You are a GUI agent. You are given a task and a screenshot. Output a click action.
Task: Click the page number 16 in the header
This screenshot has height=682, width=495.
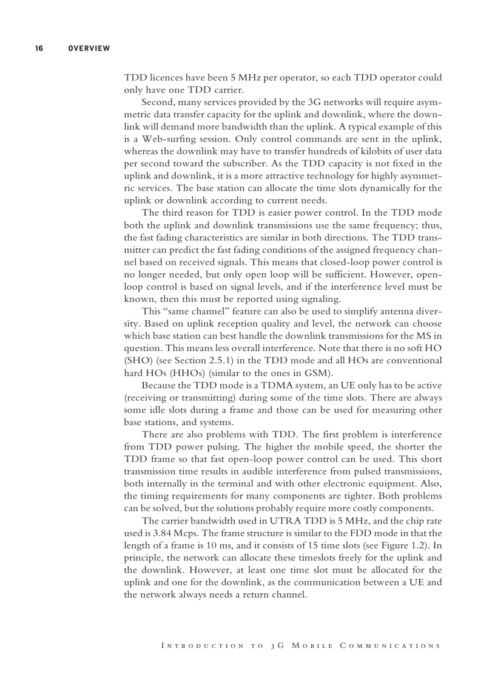pyautogui.click(x=38, y=48)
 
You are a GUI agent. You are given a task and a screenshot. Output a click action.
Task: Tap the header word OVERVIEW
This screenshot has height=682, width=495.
pyautogui.click(x=89, y=48)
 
